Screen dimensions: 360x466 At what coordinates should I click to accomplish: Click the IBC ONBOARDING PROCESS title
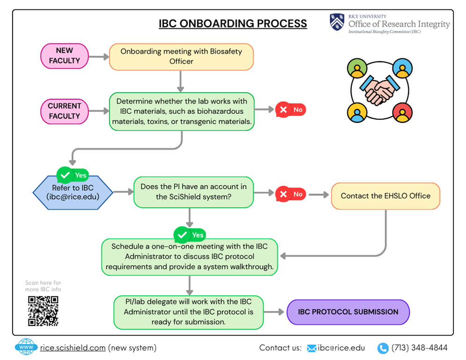click(233, 24)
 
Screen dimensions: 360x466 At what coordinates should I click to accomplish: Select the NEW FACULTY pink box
click(65, 56)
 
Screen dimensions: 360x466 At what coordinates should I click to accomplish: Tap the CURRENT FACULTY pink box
click(65, 111)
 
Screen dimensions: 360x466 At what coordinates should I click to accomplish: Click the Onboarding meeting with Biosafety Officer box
click(181, 57)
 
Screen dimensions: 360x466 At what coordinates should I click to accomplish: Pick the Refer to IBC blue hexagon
click(73, 192)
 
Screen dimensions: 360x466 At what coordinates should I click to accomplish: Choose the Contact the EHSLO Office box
click(385, 196)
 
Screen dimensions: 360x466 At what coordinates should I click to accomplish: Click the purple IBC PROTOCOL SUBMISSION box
click(348, 312)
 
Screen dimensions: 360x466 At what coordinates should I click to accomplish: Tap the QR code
click(43, 310)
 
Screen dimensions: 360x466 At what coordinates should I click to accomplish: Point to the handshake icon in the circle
click(379, 90)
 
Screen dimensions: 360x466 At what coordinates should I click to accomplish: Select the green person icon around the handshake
click(358, 69)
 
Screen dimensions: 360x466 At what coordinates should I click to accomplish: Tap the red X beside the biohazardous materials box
click(283, 110)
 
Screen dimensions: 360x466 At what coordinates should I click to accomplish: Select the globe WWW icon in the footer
click(26, 347)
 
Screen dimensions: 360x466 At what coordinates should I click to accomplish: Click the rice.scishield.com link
click(73, 348)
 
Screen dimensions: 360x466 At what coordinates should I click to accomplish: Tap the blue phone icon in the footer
click(383, 348)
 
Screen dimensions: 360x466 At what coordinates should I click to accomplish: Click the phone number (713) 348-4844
click(419, 348)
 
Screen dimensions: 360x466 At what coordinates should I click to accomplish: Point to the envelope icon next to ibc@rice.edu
click(312, 348)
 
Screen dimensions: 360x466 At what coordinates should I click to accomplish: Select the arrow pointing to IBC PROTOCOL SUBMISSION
click(274, 312)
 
